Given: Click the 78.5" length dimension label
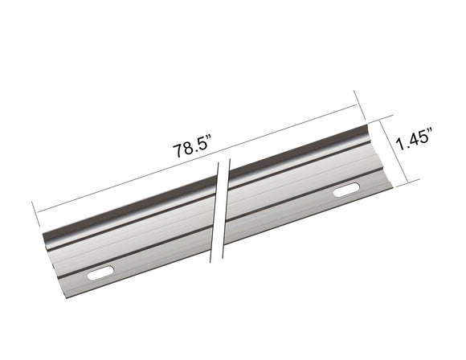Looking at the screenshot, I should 190,149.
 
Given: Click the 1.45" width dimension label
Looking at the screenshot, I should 418,142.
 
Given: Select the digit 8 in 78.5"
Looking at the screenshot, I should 186,150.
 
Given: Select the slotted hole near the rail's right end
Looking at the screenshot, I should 347,191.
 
